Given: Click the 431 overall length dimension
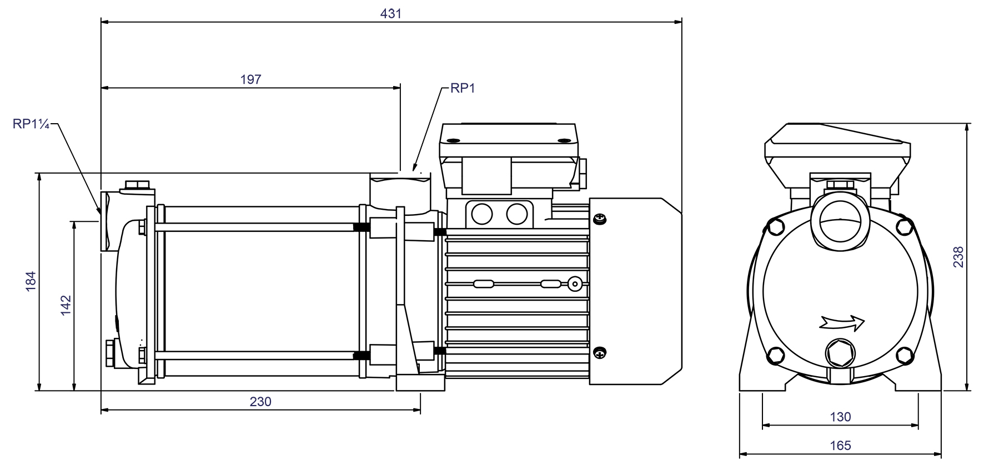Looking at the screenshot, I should click(390, 13).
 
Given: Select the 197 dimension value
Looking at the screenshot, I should click(250, 79).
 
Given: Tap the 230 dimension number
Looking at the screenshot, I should click(260, 402).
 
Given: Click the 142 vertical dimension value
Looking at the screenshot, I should click(66, 306).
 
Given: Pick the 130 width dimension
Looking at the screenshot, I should click(840, 417).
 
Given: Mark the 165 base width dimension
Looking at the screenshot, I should click(840, 445).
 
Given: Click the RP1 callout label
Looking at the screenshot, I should click(463, 89).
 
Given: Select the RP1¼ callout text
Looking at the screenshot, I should click(31, 124).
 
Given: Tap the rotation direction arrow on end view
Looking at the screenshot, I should click(842, 322).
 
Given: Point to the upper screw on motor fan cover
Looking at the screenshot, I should click(600, 220).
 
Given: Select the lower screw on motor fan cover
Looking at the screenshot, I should click(600, 352).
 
